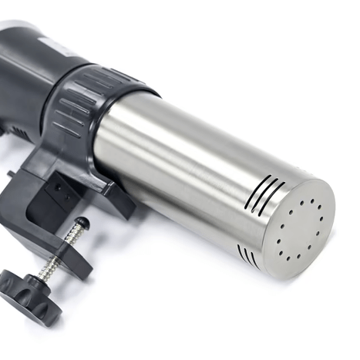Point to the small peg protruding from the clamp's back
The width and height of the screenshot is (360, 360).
point(10,174)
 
